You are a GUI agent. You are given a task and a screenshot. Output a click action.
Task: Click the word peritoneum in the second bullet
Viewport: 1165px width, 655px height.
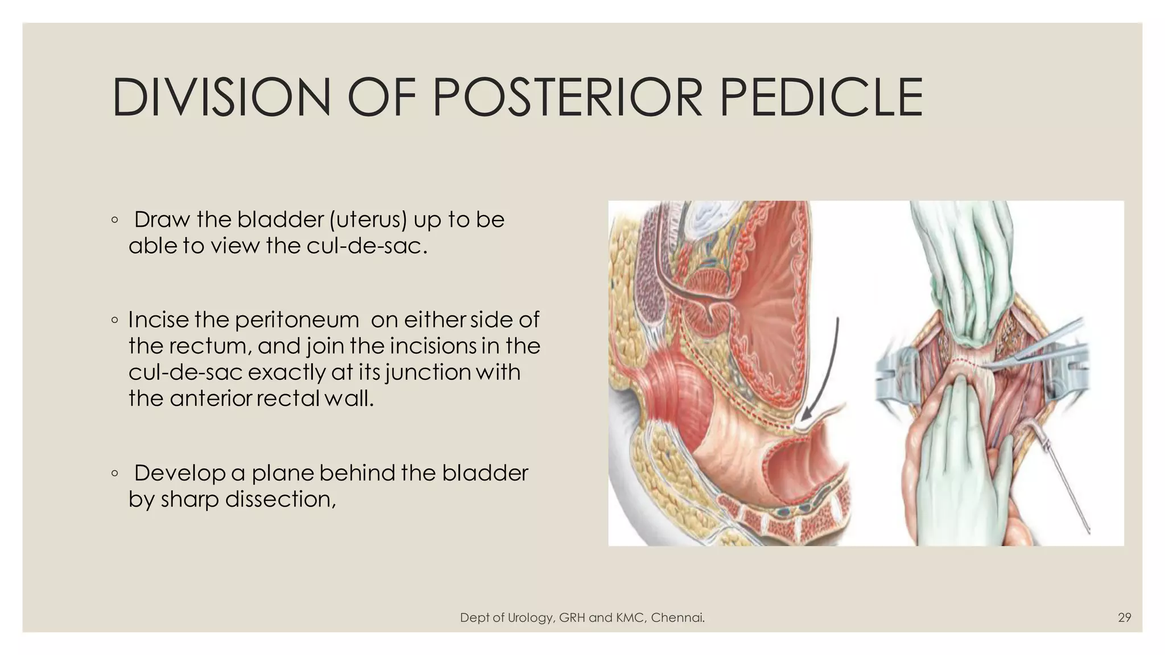pyautogui.click(x=296, y=320)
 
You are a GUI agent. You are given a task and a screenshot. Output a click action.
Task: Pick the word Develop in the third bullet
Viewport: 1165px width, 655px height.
pyautogui.click(x=179, y=473)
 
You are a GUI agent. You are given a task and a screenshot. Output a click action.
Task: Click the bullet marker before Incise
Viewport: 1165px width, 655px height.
pyautogui.click(x=115, y=321)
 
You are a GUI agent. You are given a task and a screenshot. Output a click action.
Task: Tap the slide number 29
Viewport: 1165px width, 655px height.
pyautogui.click(x=1124, y=617)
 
